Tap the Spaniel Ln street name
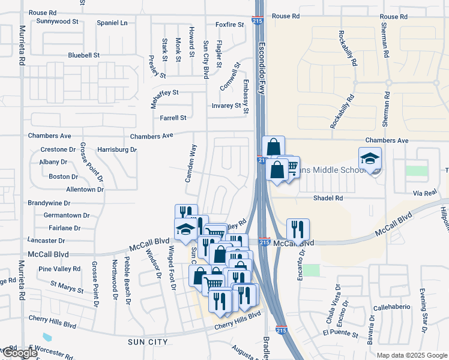[112, 23]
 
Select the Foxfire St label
[230, 25]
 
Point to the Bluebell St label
[83, 55]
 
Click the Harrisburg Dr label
[117, 149]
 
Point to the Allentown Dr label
[85, 189]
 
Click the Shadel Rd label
[328, 197]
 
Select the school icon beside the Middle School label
[370, 158]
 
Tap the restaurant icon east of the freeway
[298, 229]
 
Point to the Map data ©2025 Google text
[411, 355]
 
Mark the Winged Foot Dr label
[171, 268]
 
